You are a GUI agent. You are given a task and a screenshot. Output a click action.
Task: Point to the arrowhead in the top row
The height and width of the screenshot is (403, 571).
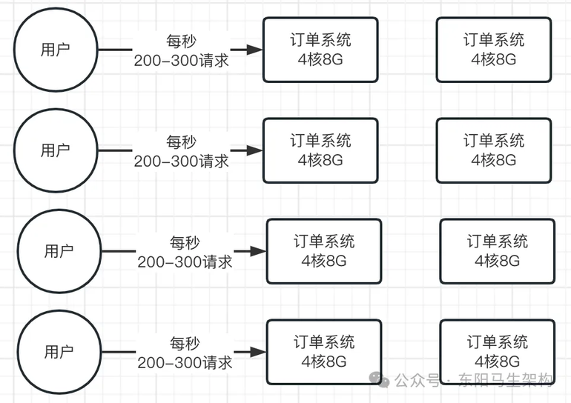pyautogui.click(x=254, y=50)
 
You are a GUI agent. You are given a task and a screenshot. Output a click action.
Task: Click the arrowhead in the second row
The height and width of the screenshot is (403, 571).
pyautogui.click(x=254, y=150)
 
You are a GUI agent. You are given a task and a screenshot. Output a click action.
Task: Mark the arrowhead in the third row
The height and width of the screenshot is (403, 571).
pyautogui.click(x=258, y=251)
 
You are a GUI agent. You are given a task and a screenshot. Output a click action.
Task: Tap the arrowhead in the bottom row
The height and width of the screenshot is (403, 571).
pyautogui.click(x=258, y=352)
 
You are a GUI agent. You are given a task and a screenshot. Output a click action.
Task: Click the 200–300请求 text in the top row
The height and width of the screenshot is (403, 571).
pyautogui.click(x=182, y=61)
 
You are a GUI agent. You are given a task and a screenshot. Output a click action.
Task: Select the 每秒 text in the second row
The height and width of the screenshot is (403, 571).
pyautogui.click(x=182, y=141)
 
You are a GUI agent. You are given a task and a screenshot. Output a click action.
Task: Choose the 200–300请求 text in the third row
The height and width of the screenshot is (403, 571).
pyautogui.click(x=185, y=262)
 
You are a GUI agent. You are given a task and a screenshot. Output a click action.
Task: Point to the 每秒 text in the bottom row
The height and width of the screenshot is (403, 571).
pyautogui.click(x=185, y=343)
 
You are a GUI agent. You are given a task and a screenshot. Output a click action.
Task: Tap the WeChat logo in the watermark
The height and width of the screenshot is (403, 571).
pyautogui.click(x=379, y=380)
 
